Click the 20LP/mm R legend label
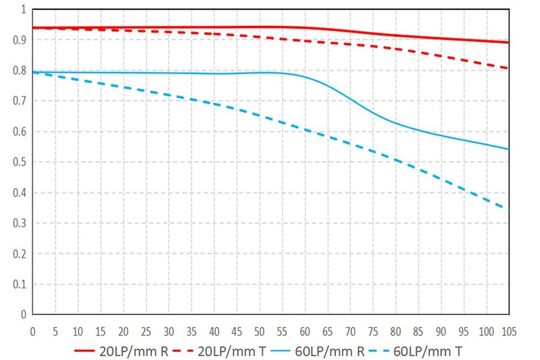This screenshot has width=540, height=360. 134,351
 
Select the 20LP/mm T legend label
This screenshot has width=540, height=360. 232,351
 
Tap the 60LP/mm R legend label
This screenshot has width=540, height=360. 329,351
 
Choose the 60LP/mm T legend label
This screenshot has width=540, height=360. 428,351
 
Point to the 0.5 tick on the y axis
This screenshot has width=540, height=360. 19,162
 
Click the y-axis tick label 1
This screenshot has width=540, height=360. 23,10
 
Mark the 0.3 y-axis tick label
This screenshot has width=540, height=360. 19,223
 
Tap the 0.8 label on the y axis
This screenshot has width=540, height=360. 19,70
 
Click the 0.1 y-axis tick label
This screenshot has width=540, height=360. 19,284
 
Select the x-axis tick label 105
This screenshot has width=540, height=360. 509,332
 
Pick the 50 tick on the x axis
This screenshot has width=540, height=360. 259,332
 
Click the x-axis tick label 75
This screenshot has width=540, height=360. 373,332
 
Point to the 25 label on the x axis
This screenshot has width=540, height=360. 146,332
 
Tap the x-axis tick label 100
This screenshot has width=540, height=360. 486,332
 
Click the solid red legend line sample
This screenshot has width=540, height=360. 85,351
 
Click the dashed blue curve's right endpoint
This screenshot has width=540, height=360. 509,209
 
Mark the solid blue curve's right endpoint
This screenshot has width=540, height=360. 509,149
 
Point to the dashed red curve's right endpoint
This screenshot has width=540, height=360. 509,68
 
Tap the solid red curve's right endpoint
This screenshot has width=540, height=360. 509,43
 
